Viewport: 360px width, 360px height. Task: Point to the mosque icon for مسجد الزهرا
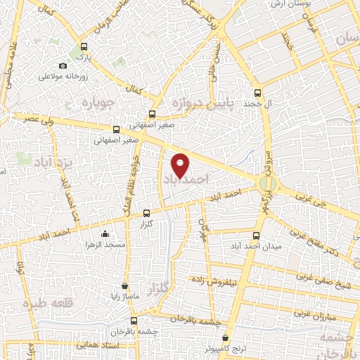click(x=105, y=234)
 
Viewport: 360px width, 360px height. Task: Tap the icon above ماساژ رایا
click(x=125, y=286)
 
